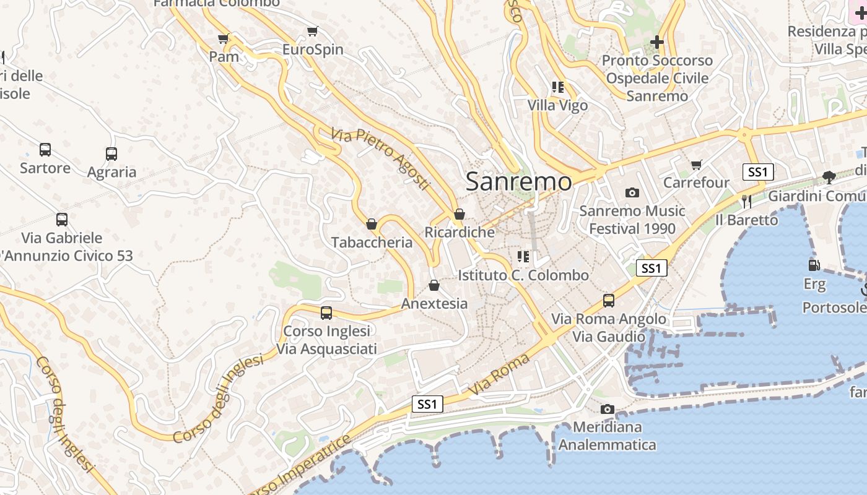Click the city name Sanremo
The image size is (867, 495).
point(519,181)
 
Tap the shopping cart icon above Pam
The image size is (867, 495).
point(224,39)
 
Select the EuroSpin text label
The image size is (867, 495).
point(313,49)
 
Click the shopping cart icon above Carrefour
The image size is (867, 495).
point(697,165)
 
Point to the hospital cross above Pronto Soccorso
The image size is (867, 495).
point(657,42)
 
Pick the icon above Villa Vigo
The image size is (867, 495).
point(558,87)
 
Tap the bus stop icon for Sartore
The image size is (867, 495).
point(45,149)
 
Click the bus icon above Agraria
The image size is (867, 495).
point(111,153)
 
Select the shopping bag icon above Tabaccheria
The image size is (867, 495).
point(372,224)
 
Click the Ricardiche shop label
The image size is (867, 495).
point(460,232)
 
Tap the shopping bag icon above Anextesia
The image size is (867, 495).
point(434,285)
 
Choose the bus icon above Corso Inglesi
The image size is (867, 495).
point(326,313)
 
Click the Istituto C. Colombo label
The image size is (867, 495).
point(523,275)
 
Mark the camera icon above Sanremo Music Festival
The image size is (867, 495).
point(632,192)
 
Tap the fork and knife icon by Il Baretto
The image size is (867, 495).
point(746,201)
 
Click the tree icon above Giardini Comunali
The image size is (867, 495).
point(829,178)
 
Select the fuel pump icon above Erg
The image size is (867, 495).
point(814,265)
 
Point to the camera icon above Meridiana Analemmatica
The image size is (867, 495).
point(608,409)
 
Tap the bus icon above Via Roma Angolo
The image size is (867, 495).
point(609,301)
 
